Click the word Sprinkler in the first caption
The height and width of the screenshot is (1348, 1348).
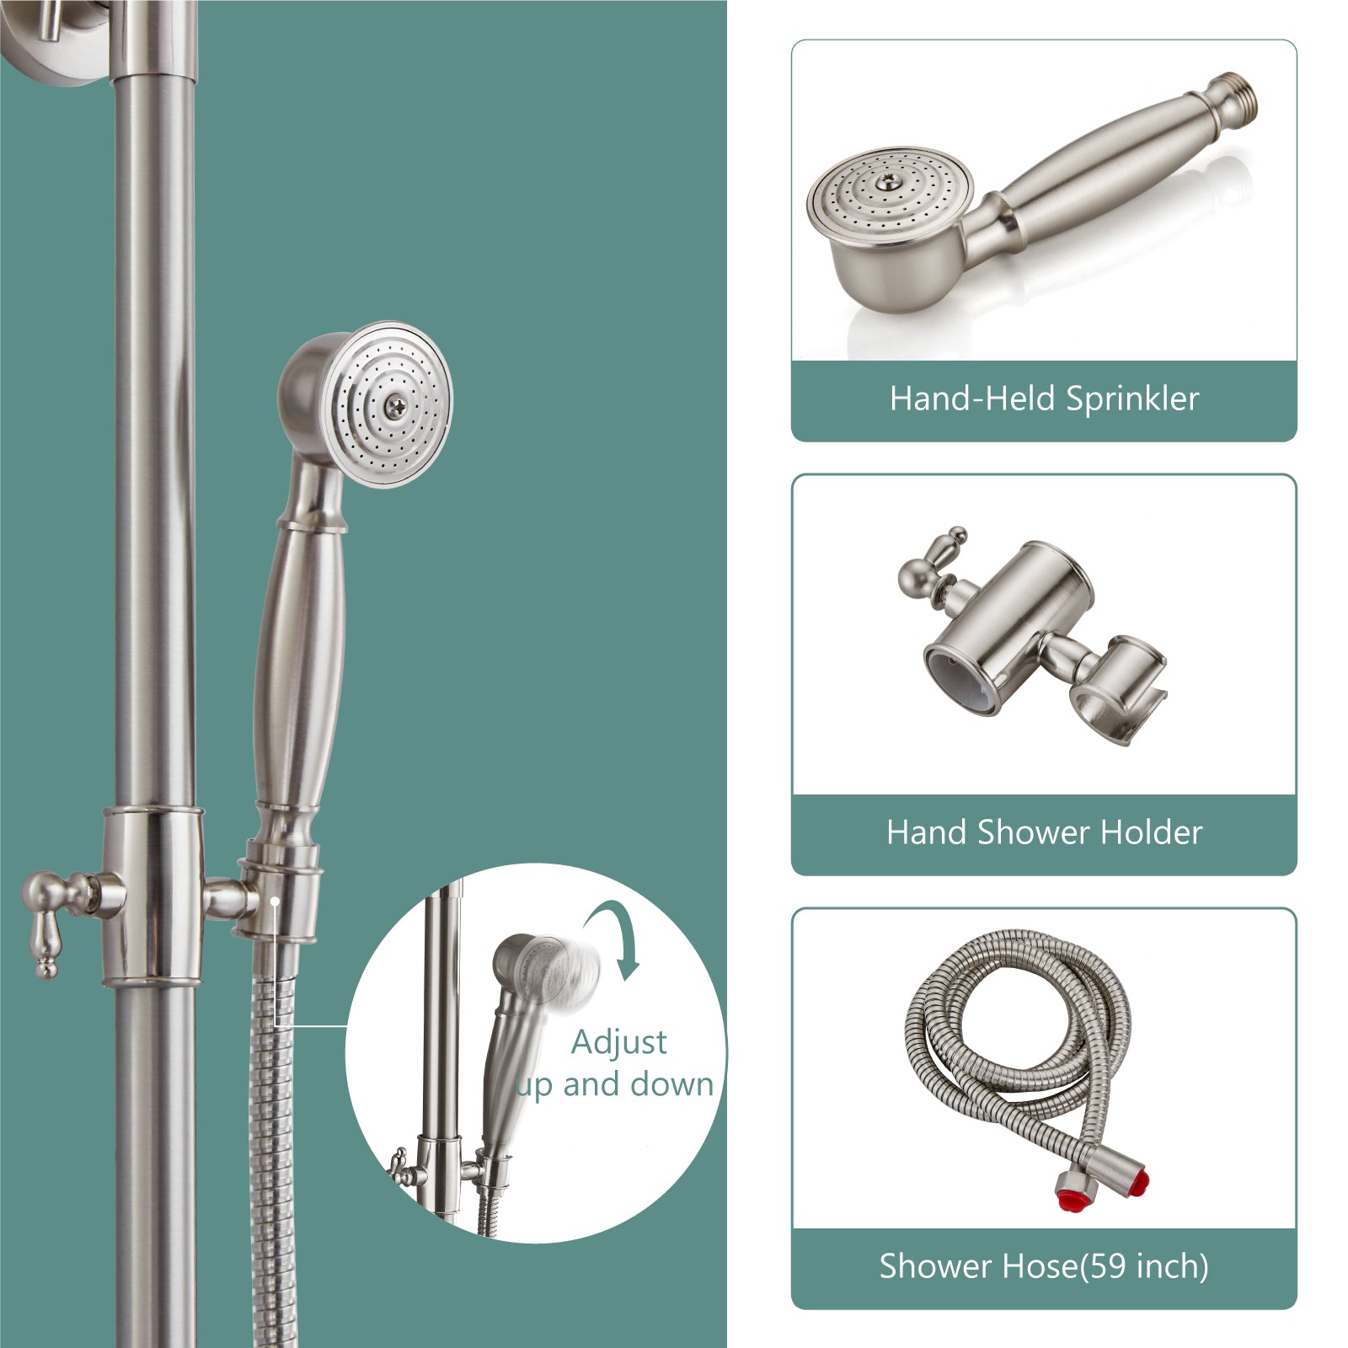(1131, 399)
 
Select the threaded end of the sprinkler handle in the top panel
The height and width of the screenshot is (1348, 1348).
(1233, 95)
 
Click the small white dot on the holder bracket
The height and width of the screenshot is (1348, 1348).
(275, 900)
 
